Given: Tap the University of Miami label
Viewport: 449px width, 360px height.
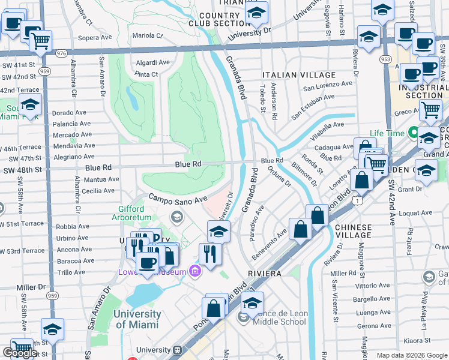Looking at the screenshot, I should coord(137,319).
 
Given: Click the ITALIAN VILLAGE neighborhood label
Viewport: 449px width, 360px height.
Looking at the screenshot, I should coord(299,75).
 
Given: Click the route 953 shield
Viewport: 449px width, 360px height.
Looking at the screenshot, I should coord(385,60).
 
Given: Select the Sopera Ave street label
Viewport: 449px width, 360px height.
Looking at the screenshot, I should coord(92,37).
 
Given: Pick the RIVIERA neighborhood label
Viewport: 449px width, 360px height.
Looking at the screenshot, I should coord(265,273).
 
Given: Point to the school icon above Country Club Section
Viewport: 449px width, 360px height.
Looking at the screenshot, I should coord(256,11).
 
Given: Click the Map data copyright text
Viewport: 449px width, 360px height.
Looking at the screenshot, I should coord(411,355).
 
